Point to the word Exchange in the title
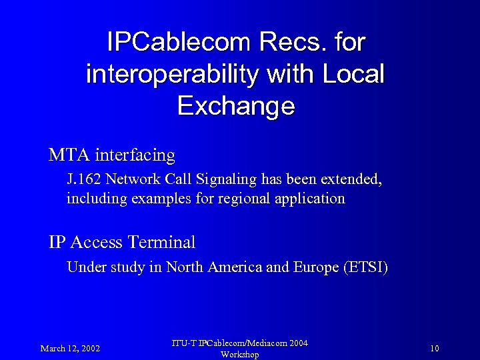tap(236, 105)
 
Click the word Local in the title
tap(353, 74)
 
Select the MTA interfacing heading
tap(112, 155)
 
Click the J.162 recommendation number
tap(84, 179)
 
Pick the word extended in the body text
tap(351, 179)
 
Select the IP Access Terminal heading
tap(122, 242)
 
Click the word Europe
tap(316, 267)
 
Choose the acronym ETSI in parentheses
tap(366, 267)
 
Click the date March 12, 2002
tap(70, 349)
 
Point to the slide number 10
tap(435, 349)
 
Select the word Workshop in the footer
tap(239, 355)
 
